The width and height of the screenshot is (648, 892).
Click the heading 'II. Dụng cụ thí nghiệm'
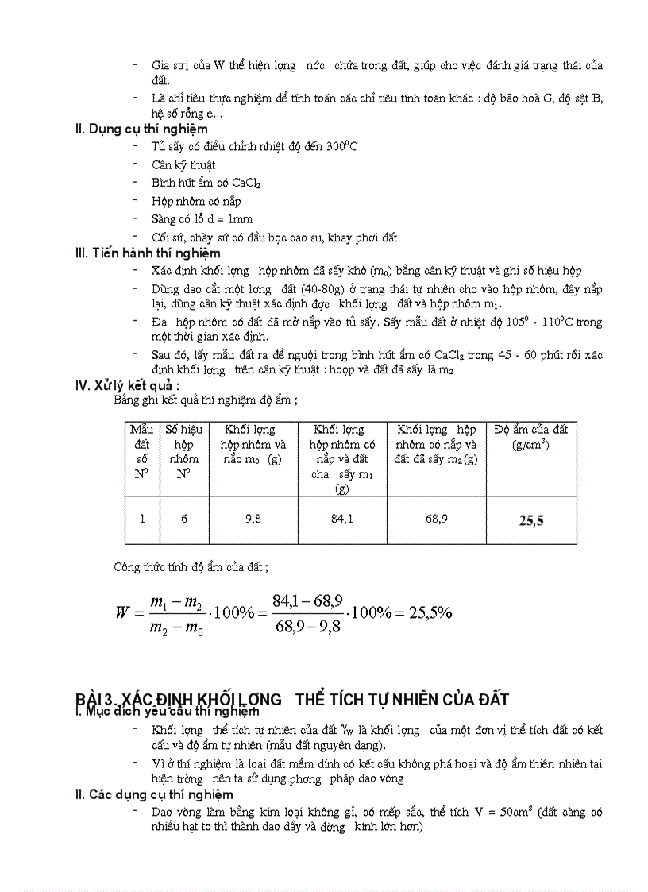pyautogui.click(x=141, y=128)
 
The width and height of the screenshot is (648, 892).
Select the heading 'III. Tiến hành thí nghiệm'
pyautogui.click(x=148, y=253)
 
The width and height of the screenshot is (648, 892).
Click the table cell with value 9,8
pyautogui.click(x=253, y=519)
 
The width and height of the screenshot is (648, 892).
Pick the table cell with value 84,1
pyautogui.click(x=342, y=519)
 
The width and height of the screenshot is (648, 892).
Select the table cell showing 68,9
pyautogui.click(x=437, y=519)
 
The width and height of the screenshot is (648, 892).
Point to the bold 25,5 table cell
pyautogui.click(x=531, y=521)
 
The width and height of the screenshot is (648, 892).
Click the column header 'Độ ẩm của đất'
pyautogui.click(x=531, y=437)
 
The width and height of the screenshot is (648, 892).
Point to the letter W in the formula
pyautogui.click(x=122, y=613)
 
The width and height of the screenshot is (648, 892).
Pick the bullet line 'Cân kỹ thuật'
pyautogui.click(x=183, y=165)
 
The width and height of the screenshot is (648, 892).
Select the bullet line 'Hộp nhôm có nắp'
pyautogui.click(x=196, y=201)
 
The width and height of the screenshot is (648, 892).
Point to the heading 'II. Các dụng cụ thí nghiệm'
pyautogui.click(x=154, y=794)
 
